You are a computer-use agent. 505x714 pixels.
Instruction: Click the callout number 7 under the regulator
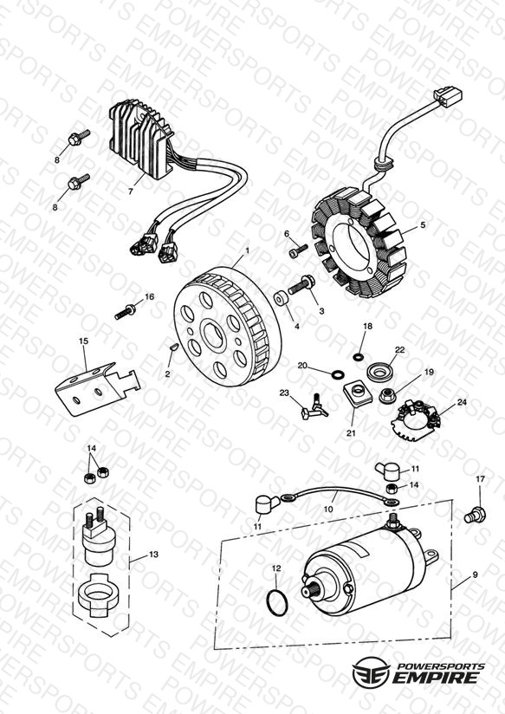coord(131,191)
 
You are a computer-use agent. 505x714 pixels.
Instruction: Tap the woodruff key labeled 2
coord(172,347)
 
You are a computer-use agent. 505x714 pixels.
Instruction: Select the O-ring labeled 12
coord(277,601)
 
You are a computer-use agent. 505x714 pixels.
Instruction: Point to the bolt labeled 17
coord(475,515)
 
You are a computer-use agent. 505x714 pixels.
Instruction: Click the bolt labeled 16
coord(125,312)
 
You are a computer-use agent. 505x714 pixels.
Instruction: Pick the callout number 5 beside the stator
coord(423,225)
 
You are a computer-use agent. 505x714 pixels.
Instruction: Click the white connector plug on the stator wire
coord(448,97)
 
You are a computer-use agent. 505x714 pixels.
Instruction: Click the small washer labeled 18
coord(359,356)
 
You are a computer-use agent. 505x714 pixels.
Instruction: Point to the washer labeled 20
coord(338,374)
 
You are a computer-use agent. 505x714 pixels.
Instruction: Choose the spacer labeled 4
coord(281,298)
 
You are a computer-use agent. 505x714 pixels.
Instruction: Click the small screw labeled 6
coord(298,249)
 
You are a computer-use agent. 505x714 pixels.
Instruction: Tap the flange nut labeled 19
coord(387,395)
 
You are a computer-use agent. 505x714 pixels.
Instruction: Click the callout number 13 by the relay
coord(153,555)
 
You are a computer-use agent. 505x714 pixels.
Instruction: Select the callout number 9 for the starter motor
coord(475,574)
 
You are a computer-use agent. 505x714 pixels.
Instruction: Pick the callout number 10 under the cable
coord(328,510)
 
